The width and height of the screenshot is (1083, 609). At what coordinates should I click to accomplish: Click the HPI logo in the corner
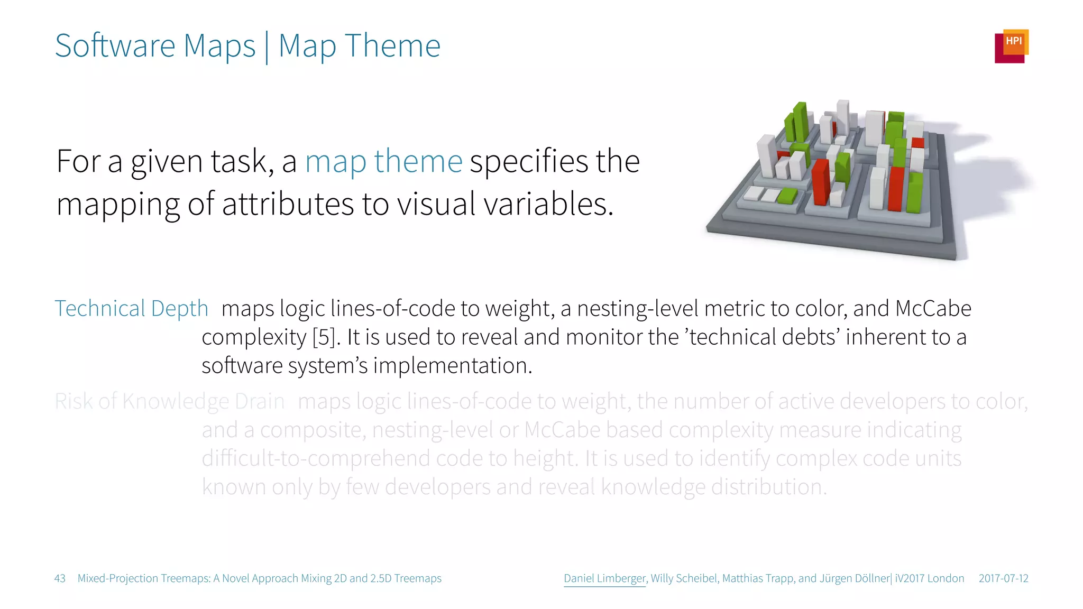click(1011, 46)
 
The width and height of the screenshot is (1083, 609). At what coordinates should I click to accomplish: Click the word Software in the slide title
click(115, 46)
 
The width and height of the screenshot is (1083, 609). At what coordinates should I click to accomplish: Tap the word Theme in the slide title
click(392, 46)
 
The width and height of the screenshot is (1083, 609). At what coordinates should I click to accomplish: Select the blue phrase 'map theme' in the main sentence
click(383, 161)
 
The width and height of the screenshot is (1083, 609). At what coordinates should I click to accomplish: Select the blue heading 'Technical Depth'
click(131, 309)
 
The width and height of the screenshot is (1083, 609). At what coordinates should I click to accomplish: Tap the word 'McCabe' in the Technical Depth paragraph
click(933, 309)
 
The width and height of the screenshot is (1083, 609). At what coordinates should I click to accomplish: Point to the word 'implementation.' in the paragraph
click(453, 366)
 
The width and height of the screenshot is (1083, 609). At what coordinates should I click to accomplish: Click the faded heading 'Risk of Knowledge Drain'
click(169, 402)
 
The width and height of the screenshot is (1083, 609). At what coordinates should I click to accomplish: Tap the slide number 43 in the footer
click(60, 578)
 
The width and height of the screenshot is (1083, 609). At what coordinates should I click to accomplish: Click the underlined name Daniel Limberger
click(604, 578)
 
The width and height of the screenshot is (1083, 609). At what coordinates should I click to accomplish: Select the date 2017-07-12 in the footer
click(1003, 578)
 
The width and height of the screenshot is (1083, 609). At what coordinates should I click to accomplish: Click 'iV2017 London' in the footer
click(929, 578)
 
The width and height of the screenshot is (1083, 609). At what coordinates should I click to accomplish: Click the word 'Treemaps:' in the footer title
click(185, 578)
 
